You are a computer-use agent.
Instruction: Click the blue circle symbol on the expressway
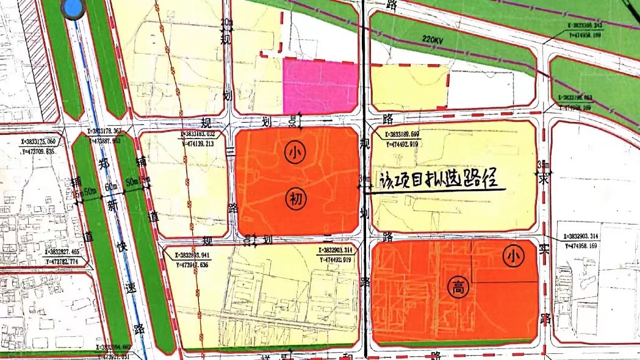72,9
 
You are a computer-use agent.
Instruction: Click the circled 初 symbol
294,198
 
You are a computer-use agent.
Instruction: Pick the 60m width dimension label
110,186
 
